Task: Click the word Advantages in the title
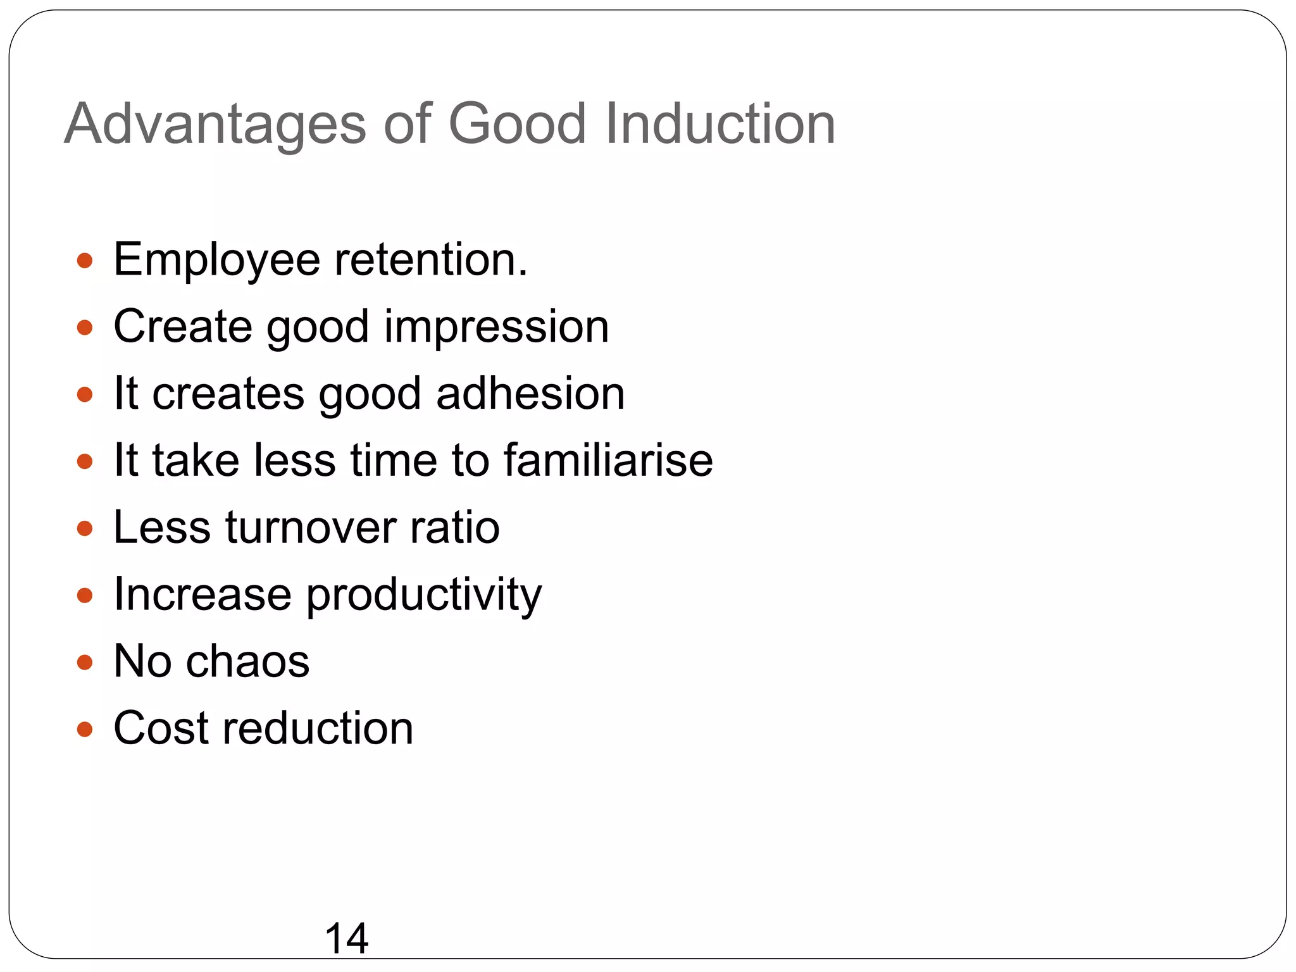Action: (215, 124)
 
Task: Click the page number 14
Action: (346, 938)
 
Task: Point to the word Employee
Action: (216, 261)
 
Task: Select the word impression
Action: (496, 328)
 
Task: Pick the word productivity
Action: (424, 595)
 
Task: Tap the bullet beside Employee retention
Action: (85, 260)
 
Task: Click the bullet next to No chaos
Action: (85, 663)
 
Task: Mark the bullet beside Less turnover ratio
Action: (85, 528)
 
